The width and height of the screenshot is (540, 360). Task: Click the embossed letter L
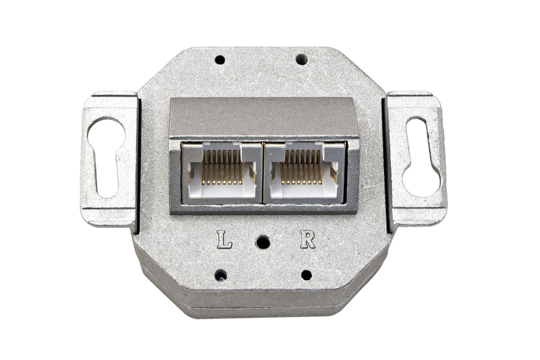pos(224,240)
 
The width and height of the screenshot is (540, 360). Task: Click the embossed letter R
pos(308,240)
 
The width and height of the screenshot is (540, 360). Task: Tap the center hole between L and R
pos(263,242)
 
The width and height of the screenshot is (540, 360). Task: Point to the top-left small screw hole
pos(219,59)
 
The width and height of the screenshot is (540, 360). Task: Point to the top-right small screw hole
pos(301,59)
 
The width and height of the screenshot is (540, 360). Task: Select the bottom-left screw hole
pos(221,275)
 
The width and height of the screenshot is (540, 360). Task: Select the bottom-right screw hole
pos(306,275)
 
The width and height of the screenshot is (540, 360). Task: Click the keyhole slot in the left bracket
pos(106,157)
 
